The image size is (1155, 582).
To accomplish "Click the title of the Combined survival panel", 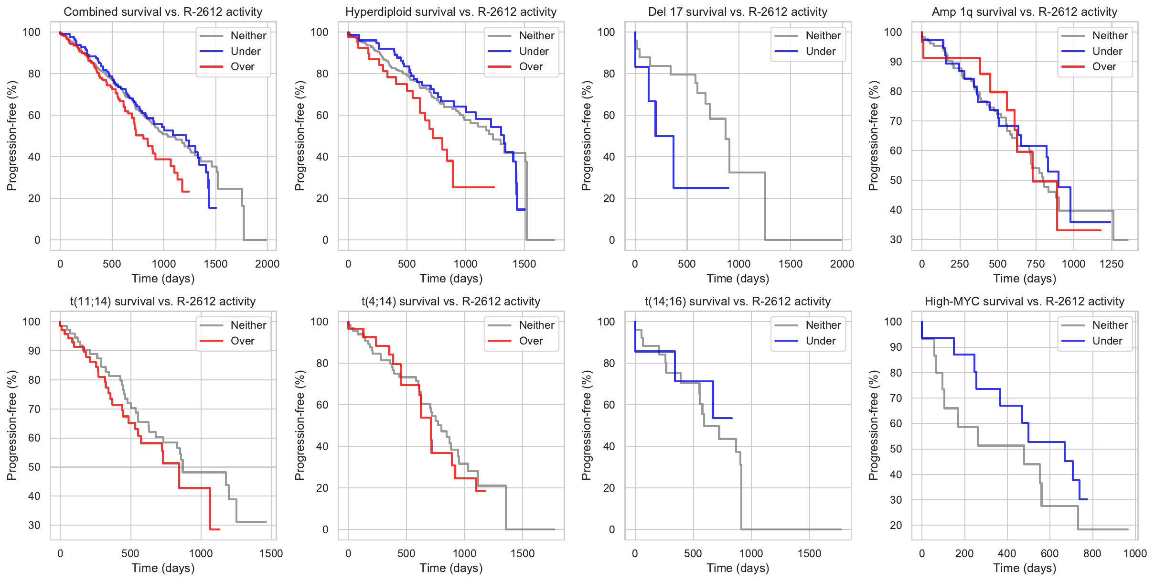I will coord(163,12).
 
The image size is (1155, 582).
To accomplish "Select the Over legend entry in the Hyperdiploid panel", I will coord(531,67).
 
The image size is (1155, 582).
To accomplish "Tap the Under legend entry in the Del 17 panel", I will coord(820,51).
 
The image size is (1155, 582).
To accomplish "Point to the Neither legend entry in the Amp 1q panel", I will coord(1110,35).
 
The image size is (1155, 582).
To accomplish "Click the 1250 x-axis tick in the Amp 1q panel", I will coord(1112,264).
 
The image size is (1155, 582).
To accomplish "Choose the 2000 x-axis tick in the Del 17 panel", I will coord(842,264).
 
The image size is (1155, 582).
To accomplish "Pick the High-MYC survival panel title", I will coord(1024,302).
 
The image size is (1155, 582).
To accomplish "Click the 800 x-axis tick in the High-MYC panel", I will coord(1092,553).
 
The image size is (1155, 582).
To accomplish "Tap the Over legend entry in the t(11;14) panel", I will coord(242,341).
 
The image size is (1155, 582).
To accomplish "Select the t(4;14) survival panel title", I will coord(451,302).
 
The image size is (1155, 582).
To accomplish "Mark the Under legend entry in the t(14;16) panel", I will coord(820,341).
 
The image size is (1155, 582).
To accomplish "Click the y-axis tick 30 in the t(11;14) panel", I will coord(34,525).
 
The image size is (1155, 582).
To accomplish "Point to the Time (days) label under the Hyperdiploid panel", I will coord(451,279).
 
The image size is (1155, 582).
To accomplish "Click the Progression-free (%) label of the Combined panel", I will coord(12,136).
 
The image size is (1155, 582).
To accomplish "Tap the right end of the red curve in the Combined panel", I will coord(189,192).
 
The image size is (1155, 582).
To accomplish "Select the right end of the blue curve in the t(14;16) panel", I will coord(732,418).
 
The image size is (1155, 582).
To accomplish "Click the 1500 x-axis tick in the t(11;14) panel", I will coord(271,553).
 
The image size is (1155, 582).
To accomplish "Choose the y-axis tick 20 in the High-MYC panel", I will coord(896,525).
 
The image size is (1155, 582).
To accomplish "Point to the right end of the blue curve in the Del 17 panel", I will coord(728,188).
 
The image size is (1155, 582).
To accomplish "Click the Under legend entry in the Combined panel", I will coord(245,51).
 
